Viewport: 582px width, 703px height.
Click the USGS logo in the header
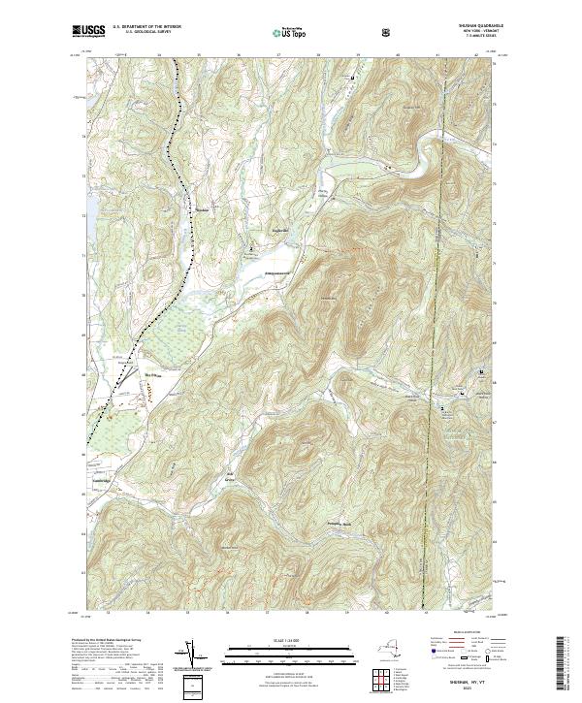[x=88, y=32]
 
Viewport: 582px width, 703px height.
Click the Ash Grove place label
[x=231, y=477]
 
